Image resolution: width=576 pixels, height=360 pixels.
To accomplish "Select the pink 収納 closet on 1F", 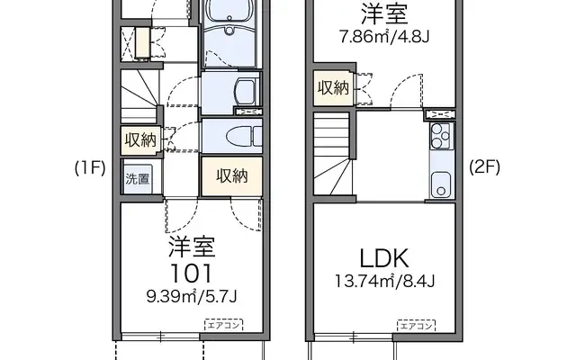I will point(231,175).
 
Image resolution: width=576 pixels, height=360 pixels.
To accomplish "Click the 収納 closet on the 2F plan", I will point(331,87).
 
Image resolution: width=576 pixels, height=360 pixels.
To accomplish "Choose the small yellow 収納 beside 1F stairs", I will point(140,139).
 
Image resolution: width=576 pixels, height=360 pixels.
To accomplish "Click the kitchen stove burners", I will point(440,137).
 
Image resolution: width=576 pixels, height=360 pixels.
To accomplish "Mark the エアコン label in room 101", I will point(221,323).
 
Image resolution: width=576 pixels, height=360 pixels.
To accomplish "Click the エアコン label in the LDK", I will point(416,323).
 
